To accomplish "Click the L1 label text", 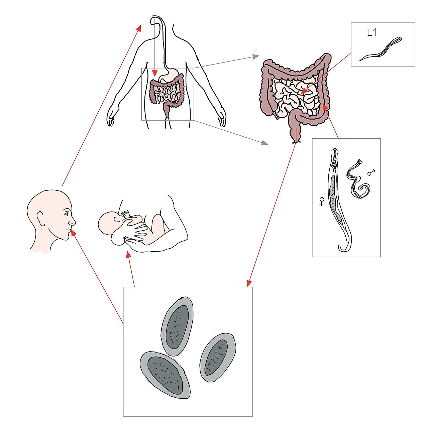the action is pyautogui.click(x=372, y=33).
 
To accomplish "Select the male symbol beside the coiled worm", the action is pyautogui.click(x=371, y=172).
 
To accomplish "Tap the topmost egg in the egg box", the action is pyautogui.click(x=177, y=326).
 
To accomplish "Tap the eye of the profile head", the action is pyautogui.click(x=66, y=214).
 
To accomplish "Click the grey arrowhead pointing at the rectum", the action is pyautogui.click(x=264, y=143).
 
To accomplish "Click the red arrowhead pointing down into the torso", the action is pyautogui.click(x=155, y=73).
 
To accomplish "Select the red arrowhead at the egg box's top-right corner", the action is pyautogui.click(x=249, y=283).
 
